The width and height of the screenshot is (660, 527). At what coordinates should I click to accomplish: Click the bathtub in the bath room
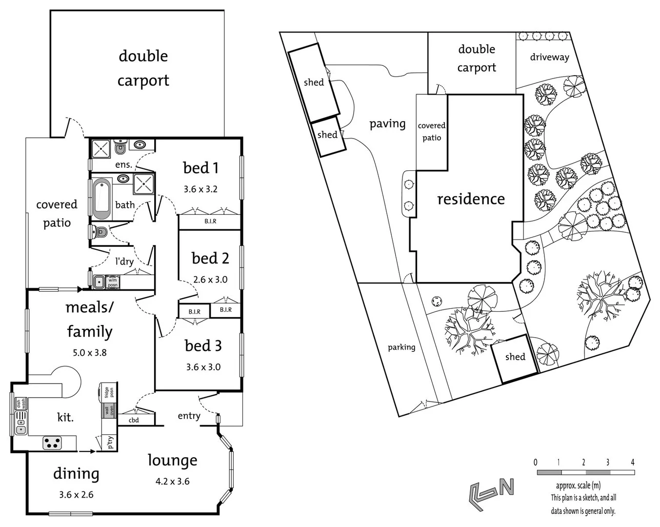(x=102, y=198)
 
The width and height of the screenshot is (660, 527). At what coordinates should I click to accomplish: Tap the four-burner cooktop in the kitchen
(x=52, y=443)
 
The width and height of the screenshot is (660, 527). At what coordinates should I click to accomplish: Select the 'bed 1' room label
(x=200, y=168)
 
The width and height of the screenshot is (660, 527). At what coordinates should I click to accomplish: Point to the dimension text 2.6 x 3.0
(x=210, y=280)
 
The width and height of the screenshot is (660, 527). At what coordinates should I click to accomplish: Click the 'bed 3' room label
(x=203, y=346)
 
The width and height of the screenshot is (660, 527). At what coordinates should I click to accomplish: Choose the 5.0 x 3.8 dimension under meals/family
(x=90, y=352)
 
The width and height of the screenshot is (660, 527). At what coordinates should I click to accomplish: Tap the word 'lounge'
(x=172, y=460)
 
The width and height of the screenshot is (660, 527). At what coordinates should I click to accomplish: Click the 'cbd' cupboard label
(x=134, y=420)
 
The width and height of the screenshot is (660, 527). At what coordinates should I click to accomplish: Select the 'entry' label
(x=189, y=416)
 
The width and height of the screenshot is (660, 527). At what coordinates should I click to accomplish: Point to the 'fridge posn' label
(x=108, y=393)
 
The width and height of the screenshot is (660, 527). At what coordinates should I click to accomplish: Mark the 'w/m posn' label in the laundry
(x=112, y=282)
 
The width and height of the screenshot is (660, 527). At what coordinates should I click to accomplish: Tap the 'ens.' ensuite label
(x=123, y=164)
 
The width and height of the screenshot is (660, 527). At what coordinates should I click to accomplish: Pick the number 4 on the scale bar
(x=632, y=462)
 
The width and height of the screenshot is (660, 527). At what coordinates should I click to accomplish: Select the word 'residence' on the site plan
(x=471, y=199)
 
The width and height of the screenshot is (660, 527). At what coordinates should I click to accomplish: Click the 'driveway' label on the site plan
(x=549, y=57)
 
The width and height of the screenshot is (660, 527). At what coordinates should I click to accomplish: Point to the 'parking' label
(x=401, y=347)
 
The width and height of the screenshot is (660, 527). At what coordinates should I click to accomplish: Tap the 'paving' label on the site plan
(x=387, y=124)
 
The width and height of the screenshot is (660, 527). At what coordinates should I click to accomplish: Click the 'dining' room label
(x=76, y=473)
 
